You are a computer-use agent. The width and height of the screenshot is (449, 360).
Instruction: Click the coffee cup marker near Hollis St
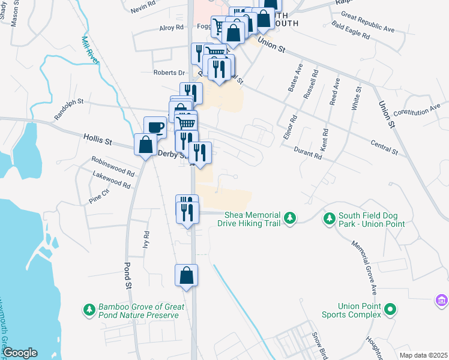[x=155, y=127]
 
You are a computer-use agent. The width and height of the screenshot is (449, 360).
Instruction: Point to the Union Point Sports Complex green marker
[x=390, y=310]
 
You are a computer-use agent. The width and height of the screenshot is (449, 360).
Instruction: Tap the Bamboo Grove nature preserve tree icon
[x=89, y=310]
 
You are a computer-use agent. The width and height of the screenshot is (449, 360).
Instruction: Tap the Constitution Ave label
[x=417, y=112]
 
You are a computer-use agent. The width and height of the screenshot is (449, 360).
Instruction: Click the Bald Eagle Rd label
[x=350, y=31]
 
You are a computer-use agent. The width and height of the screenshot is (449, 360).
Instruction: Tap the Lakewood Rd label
[x=112, y=180]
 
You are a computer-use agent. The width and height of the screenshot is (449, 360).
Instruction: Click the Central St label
[x=384, y=148]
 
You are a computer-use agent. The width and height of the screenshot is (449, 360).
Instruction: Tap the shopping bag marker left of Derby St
[x=145, y=145]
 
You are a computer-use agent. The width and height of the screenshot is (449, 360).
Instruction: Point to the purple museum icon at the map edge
[x=442, y=299]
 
